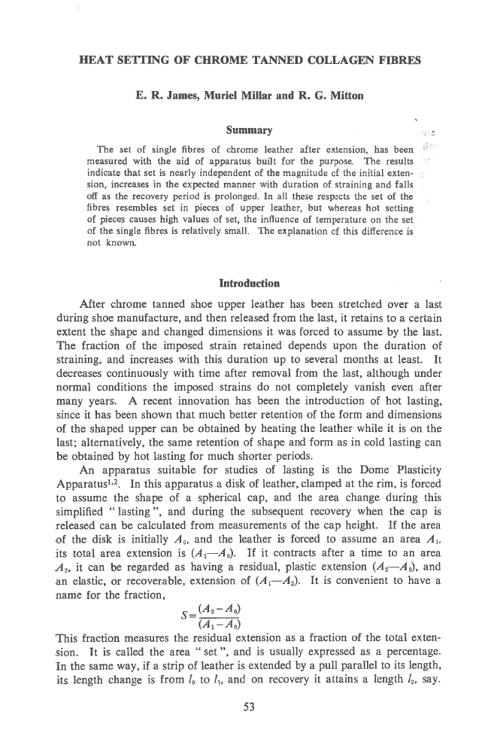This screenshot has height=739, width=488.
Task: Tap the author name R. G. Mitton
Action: [x=319, y=96]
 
